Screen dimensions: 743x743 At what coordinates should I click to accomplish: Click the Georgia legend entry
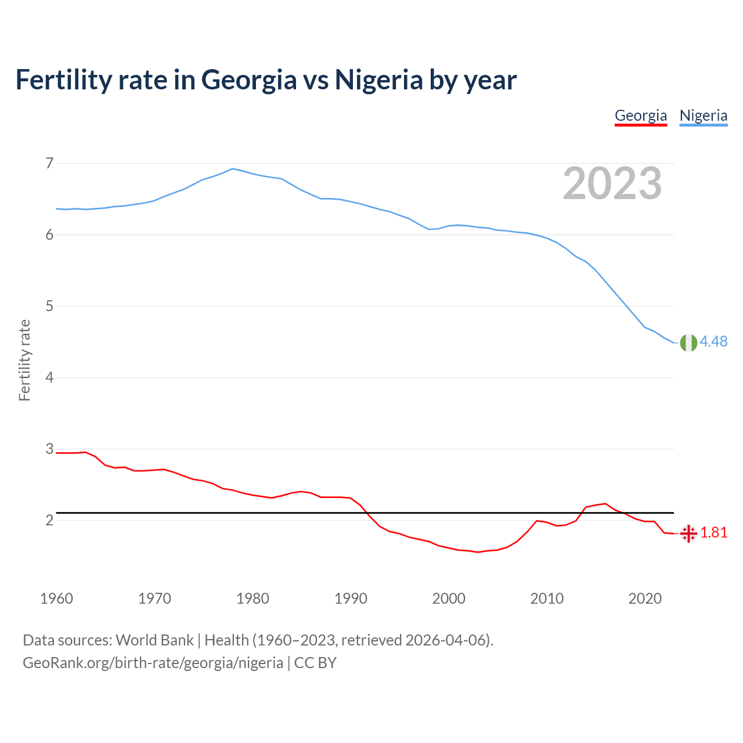(x=641, y=116)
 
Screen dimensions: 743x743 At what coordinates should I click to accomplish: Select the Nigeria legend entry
(x=703, y=116)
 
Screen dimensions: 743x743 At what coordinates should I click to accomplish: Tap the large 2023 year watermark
(x=612, y=183)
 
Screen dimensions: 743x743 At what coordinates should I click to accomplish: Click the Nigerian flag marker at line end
(x=688, y=343)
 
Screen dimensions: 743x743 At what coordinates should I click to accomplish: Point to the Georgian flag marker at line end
(x=688, y=533)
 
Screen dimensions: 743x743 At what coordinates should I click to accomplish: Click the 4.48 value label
(x=713, y=342)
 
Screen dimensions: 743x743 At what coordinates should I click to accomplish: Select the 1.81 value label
(x=713, y=533)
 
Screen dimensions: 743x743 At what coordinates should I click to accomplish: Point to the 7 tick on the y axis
(x=49, y=163)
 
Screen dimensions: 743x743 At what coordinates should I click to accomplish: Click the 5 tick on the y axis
(x=49, y=306)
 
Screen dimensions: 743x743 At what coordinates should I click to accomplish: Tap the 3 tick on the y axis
(x=49, y=449)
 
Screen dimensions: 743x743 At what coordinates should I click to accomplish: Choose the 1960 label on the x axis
(x=56, y=598)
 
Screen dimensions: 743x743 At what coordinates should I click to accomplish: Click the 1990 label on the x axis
(x=351, y=598)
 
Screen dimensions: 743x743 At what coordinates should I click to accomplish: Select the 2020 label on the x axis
(x=645, y=598)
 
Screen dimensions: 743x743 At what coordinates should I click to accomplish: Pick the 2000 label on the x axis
(x=449, y=598)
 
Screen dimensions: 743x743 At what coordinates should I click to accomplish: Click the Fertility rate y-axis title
(x=24, y=360)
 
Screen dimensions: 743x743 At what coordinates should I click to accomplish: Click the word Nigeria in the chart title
(x=378, y=80)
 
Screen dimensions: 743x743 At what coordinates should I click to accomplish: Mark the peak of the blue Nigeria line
(x=233, y=169)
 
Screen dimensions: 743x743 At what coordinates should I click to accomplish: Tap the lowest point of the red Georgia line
(x=478, y=552)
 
